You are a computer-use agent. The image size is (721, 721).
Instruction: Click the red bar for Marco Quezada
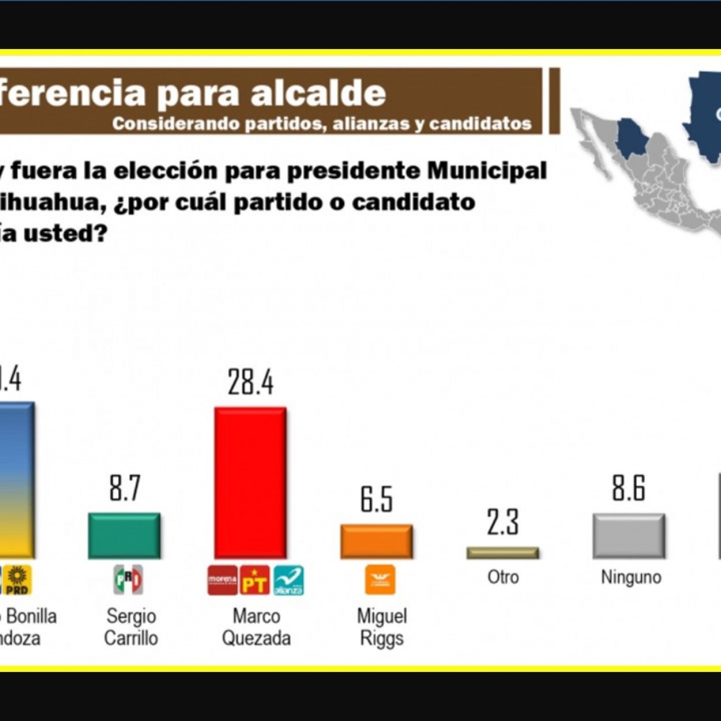[x=250, y=483]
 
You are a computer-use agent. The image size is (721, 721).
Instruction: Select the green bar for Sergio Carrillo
[x=124, y=535]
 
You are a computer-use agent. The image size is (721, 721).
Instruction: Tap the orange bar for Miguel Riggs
[x=376, y=541]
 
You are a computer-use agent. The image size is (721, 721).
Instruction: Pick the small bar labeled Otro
[x=502, y=553]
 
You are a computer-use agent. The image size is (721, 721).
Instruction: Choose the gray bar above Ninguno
[x=629, y=536]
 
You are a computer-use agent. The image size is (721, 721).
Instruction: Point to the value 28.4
[x=250, y=382]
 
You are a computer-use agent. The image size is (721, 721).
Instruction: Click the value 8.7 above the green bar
[x=125, y=489]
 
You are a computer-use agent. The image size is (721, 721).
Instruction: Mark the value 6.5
[x=377, y=500]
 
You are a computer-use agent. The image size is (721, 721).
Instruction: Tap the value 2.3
[x=502, y=522]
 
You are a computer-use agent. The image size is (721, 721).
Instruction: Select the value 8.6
[x=629, y=489]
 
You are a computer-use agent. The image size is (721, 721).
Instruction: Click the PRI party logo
[x=128, y=580]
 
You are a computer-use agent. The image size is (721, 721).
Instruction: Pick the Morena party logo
[x=223, y=580]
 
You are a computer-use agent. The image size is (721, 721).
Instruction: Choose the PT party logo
[x=254, y=580]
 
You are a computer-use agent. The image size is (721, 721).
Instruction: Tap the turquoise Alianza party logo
[x=288, y=580]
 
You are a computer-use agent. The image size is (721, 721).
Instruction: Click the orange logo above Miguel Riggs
[x=380, y=580]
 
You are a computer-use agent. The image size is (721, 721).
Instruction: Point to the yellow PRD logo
[x=18, y=580]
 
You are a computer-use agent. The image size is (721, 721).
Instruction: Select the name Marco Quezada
[x=256, y=627]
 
